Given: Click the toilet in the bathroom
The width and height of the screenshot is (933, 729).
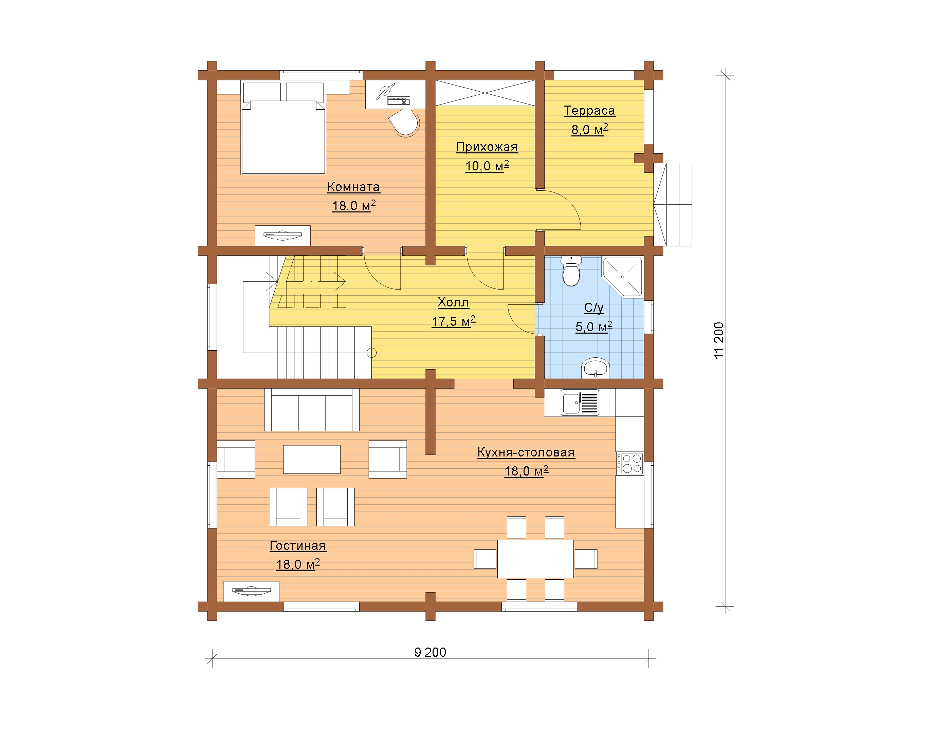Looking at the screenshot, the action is point(571,271).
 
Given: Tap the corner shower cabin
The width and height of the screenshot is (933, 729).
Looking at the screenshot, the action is point(622,276).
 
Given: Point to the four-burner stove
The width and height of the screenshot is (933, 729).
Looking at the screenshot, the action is point(630,463).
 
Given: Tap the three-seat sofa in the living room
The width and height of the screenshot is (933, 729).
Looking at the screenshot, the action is point(312,410).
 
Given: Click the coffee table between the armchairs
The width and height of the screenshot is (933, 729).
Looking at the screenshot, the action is point(312,460).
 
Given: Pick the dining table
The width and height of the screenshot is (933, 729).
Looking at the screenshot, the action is point(535,559).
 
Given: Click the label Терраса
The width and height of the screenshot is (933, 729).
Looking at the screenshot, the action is point(589,111).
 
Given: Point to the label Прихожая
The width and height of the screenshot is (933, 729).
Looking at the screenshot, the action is point(487,147).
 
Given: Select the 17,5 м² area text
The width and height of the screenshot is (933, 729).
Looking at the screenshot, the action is point(454,321).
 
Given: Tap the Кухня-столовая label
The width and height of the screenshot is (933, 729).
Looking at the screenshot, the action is point(526,452).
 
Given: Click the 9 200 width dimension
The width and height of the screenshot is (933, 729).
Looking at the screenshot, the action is point(430,652).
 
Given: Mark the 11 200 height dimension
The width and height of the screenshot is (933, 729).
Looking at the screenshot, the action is point(719,340).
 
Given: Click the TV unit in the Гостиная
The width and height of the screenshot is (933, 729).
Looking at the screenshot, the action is point(251,592).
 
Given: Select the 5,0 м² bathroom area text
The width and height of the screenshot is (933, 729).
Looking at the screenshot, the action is point(594,327).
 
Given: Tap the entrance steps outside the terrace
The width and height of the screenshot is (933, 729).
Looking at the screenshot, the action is point(673,205).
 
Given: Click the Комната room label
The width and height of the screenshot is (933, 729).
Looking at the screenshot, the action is point(353,187).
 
